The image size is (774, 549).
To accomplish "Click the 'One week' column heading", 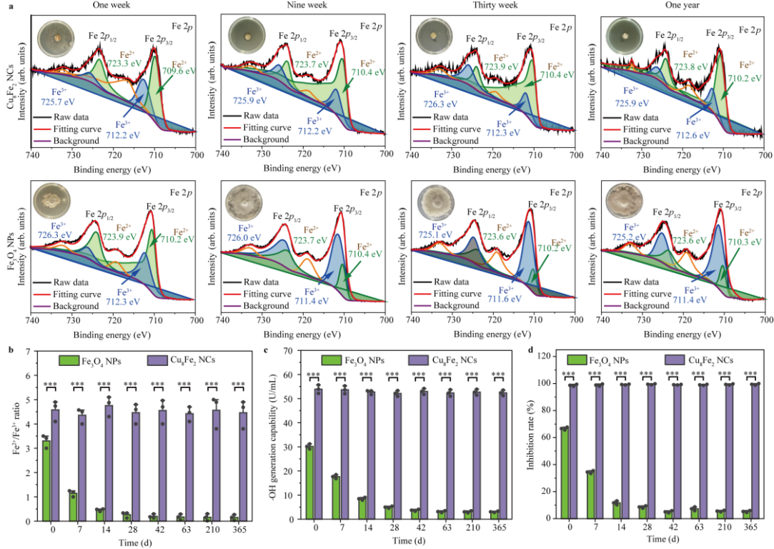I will (111, 5).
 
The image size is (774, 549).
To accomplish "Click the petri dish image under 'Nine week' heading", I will (247, 35).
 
